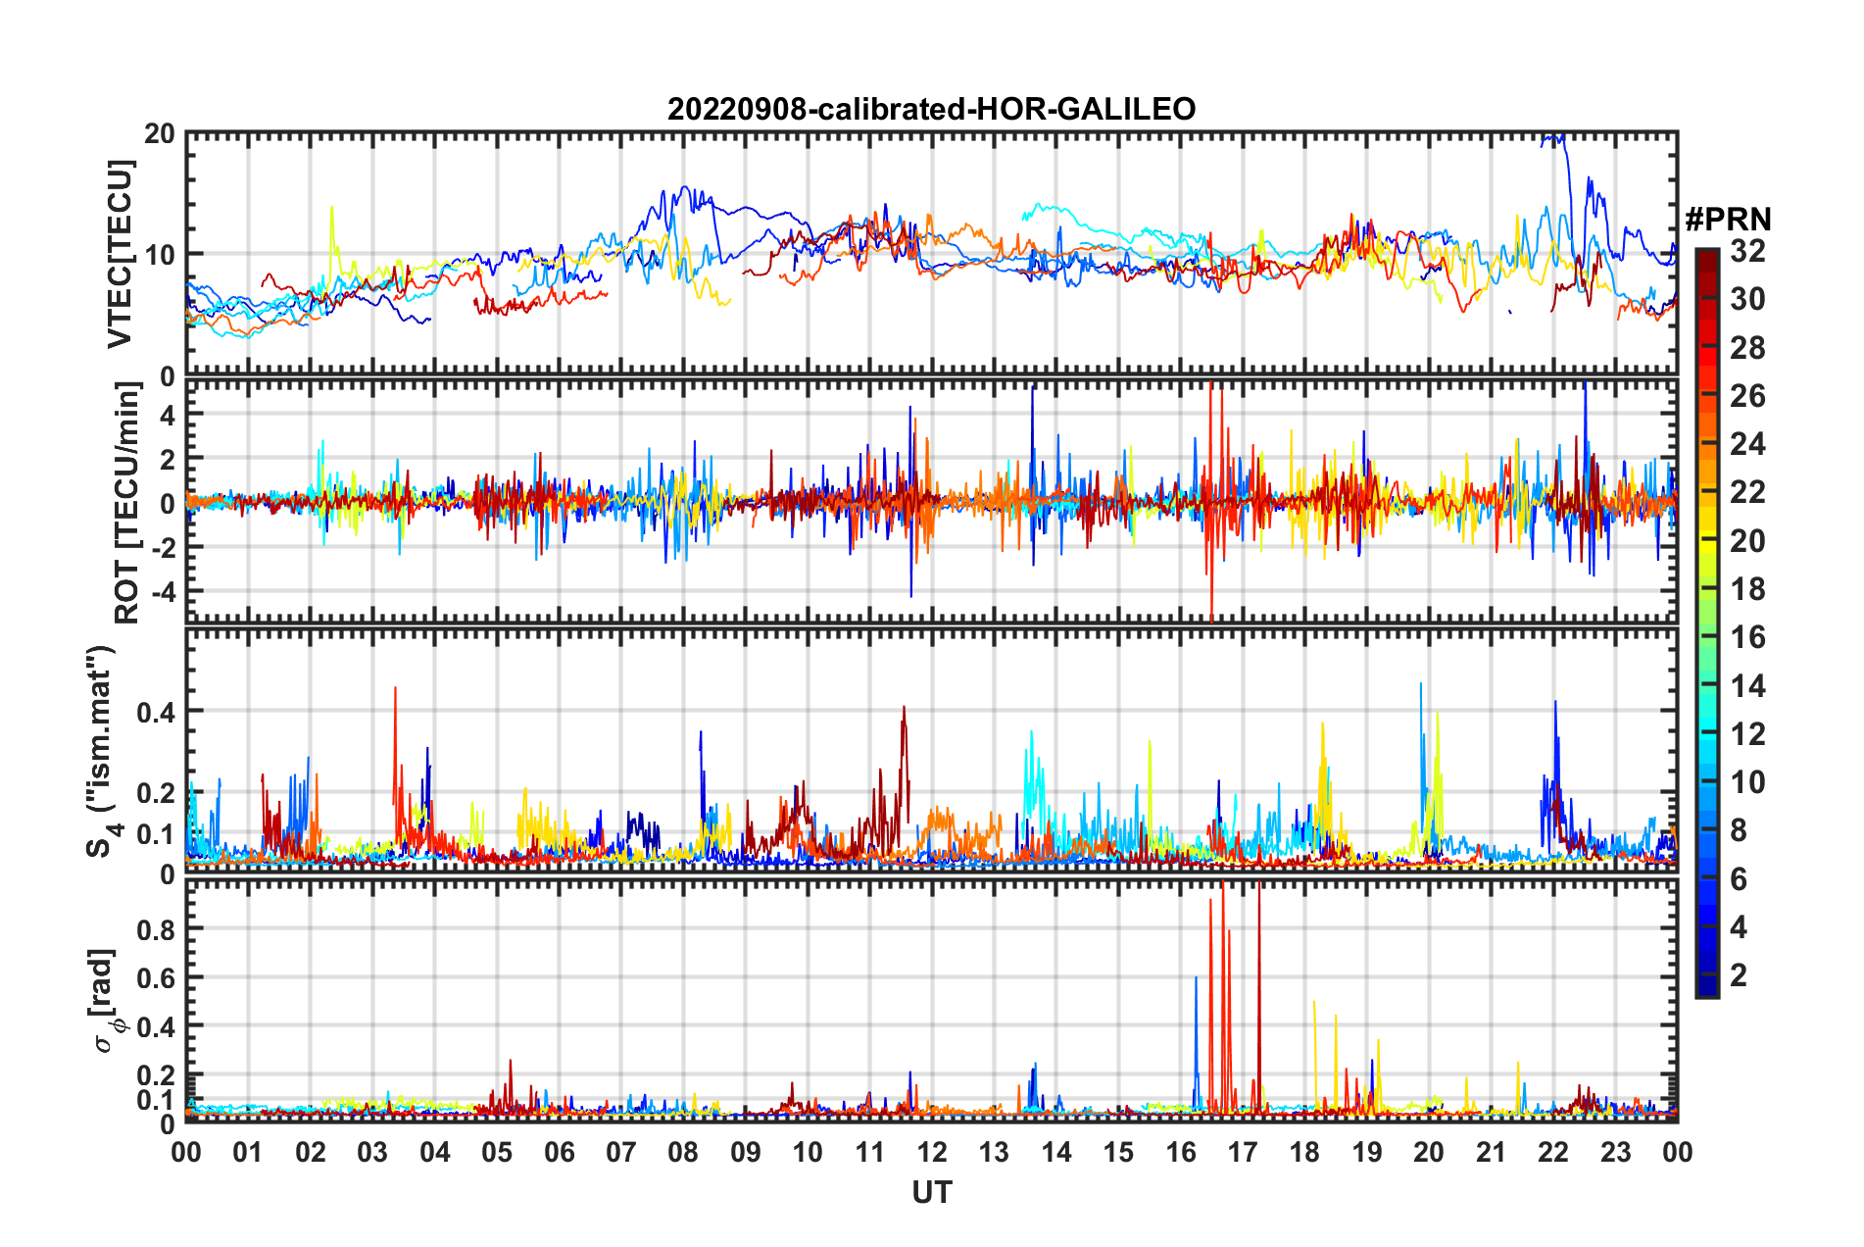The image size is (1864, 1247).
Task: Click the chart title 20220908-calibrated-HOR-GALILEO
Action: pos(931,109)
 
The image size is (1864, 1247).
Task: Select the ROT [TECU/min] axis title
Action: pos(127,502)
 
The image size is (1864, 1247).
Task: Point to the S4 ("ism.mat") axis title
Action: pos(100,751)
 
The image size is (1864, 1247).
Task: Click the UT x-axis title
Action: pos(931,1192)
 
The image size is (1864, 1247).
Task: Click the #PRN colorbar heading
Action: pos(1727,220)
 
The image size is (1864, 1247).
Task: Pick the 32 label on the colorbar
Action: pos(1747,251)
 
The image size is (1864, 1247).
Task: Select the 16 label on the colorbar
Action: pos(1747,637)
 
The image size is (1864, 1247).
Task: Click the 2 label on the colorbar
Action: pos(1740,974)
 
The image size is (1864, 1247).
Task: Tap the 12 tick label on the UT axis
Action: pos(932,1152)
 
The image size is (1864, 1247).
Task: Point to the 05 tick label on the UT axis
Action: pos(497,1152)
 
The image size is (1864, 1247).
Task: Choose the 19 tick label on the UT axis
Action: pos(1367,1152)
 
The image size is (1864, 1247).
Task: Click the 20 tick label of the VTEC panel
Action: pos(160,134)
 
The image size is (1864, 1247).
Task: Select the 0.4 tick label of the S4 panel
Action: pos(156,712)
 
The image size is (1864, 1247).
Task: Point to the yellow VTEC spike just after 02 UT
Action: pos(331,210)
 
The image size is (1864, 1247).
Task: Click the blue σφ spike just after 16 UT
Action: pos(1196,980)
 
